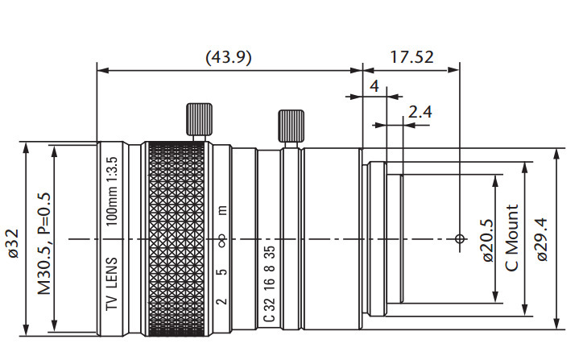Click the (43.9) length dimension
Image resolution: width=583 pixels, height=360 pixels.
(x=229, y=58)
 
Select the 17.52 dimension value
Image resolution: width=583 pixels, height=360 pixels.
(x=411, y=58)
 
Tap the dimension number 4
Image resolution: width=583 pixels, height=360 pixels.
(x=374, y=85)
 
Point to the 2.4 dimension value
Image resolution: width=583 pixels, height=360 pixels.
(x=420, y=112)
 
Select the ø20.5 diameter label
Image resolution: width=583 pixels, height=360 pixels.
(x=486, y=240)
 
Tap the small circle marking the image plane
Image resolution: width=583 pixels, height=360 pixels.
(x=459, y=238)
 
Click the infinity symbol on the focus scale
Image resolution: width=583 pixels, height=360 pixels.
(x=223, y=239)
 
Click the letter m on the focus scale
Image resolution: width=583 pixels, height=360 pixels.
(x=223, y=211)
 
